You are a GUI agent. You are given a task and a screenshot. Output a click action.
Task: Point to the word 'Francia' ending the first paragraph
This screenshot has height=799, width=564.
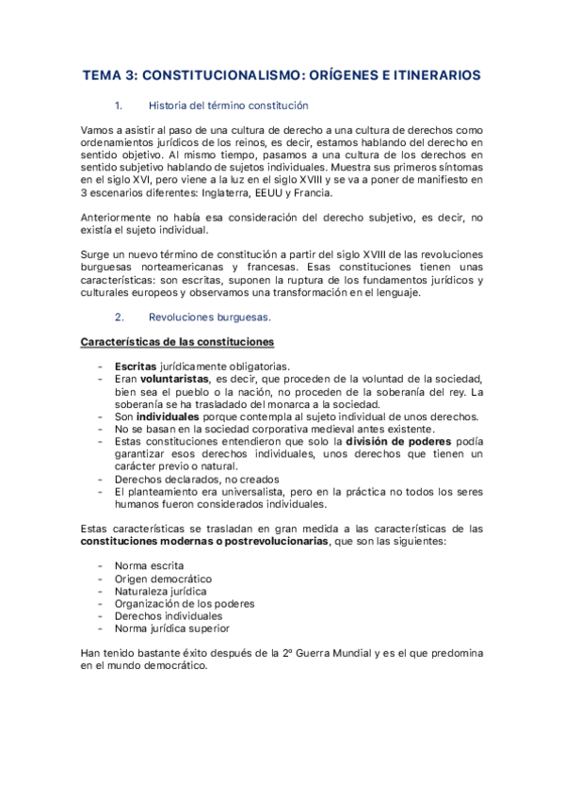(x=312, y=192)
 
